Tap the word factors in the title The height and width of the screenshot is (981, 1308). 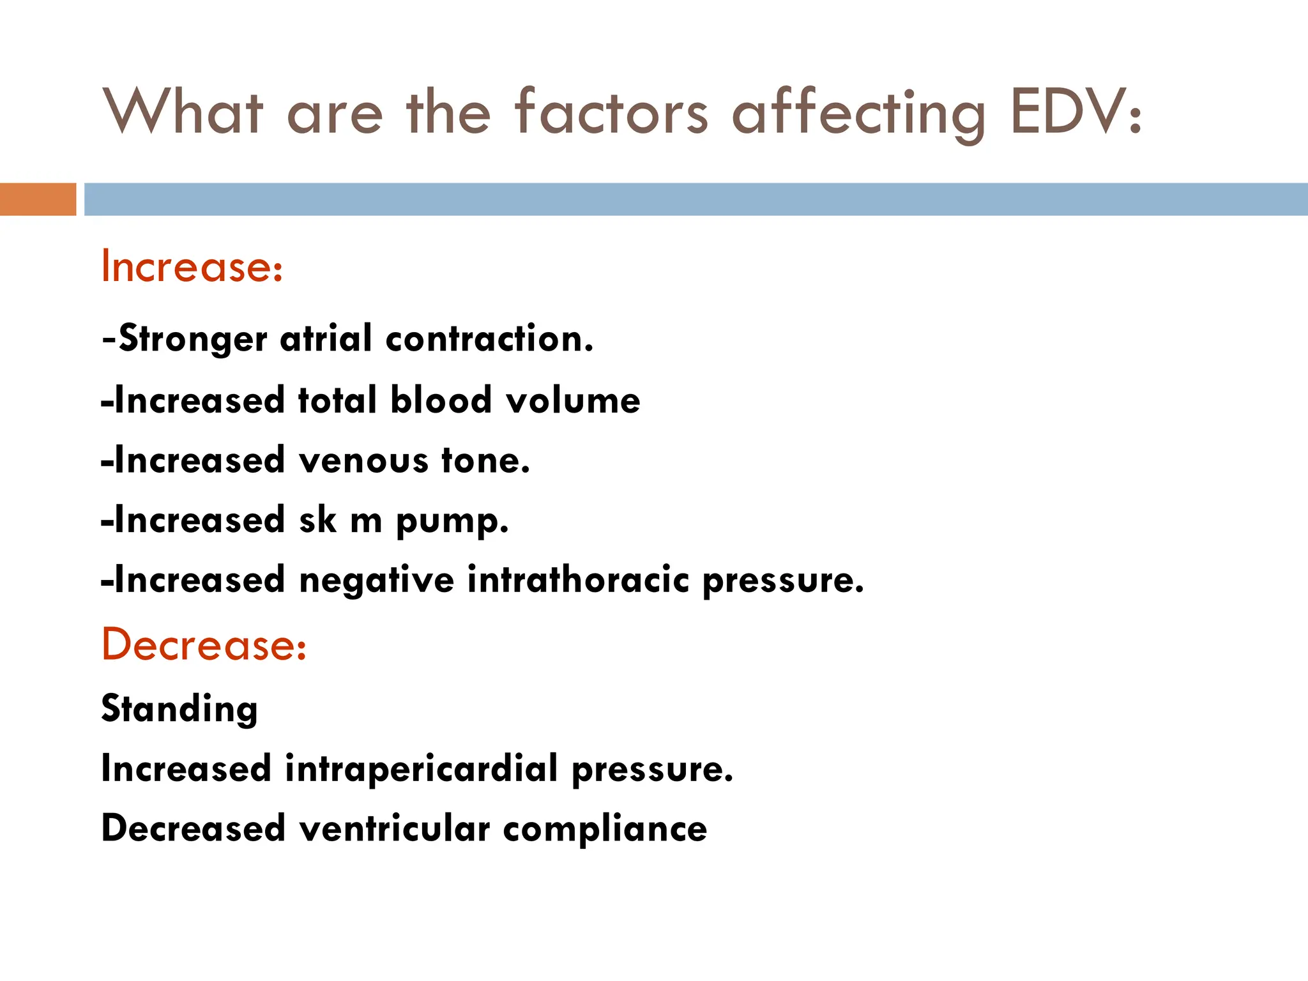click(611, 112)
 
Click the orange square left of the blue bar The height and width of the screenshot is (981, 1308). click(38, 199)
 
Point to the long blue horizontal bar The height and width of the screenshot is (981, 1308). click(696, 199)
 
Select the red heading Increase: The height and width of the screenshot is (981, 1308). click(192, 266)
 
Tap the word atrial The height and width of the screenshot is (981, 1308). click(326, 338)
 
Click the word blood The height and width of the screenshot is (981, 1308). click(441, 400)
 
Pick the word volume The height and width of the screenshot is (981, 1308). click(573, 400)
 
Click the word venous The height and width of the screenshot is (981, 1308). click(363, 460)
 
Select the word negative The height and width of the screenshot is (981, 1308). click(376, 581)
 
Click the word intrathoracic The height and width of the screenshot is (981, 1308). click(578, 581)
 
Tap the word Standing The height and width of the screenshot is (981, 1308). click(179, 709)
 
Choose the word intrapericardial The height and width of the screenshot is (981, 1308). click(422, 768)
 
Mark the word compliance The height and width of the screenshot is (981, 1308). click(605, 830)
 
